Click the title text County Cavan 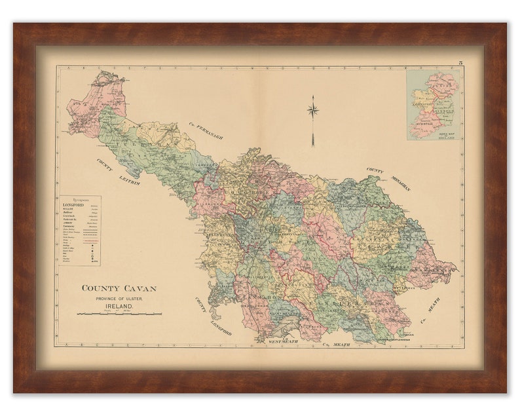tap(119, 288)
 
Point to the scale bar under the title tap(119, 314)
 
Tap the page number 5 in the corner tap(460, 62)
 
